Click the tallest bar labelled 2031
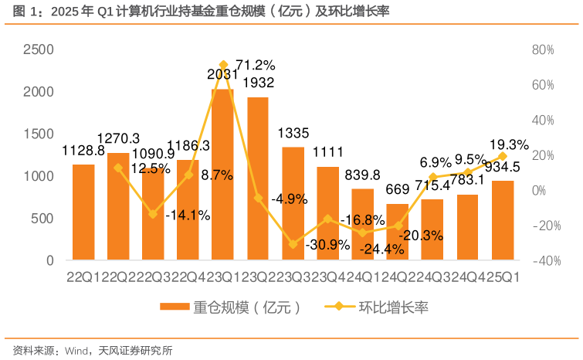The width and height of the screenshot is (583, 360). (222, 178)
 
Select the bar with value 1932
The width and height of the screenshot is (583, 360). (258, 182)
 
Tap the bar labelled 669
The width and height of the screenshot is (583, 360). (398, 233)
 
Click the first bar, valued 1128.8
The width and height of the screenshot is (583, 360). (83, 212)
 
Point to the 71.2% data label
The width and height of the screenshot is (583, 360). (256, 64)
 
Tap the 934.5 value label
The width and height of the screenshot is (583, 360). (501, 166)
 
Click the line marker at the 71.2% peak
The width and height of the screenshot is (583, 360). (223, 65)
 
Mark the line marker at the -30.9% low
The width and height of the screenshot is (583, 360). (293, 244)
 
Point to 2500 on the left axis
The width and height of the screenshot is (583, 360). (37, 49)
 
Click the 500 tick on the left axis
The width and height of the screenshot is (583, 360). (43, 219)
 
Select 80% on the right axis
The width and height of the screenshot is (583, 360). (543, 49)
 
